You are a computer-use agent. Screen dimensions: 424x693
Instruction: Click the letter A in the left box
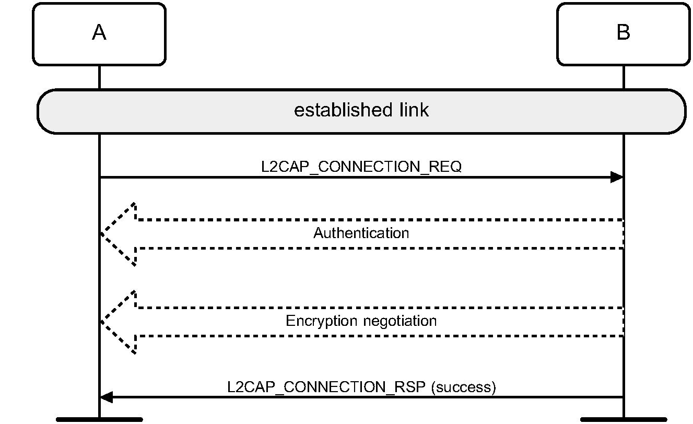pos(99,33)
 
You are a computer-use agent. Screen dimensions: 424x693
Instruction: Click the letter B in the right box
pos(623,33)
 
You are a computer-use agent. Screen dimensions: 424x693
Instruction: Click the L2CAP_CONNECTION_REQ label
pos(361,167)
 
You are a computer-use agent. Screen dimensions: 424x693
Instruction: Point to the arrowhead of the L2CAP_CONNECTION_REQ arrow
pos(617,178)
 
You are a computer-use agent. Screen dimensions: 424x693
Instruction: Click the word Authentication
pos(361,233)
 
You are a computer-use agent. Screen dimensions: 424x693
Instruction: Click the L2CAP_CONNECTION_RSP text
pos(328,387)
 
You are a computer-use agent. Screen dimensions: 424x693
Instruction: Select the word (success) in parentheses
pos(463,387)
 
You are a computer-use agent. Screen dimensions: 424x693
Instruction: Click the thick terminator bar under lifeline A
pos(99,419)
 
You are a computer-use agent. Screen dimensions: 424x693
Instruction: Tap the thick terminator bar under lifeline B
pos(624,419)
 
